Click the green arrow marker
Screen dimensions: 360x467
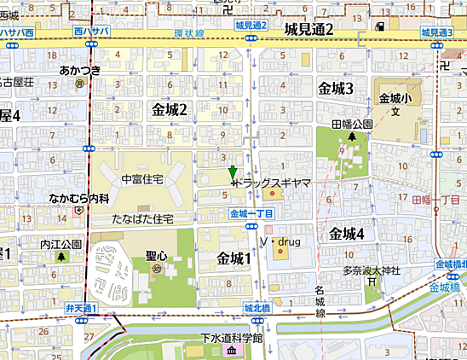coord(233,172)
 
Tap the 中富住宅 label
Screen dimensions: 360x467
coord(142,179)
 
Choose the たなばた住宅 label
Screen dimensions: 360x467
coord(142,219)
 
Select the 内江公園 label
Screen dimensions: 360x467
coord(61,243)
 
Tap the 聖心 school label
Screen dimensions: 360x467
coord(156,255)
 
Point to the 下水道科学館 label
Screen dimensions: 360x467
coord(232,339)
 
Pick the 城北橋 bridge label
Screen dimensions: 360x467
coord(257,307)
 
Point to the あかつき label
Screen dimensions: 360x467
coord(79,71)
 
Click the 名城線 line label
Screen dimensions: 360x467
coord(320,302)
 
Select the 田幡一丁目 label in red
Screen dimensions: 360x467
coord(435,199)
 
